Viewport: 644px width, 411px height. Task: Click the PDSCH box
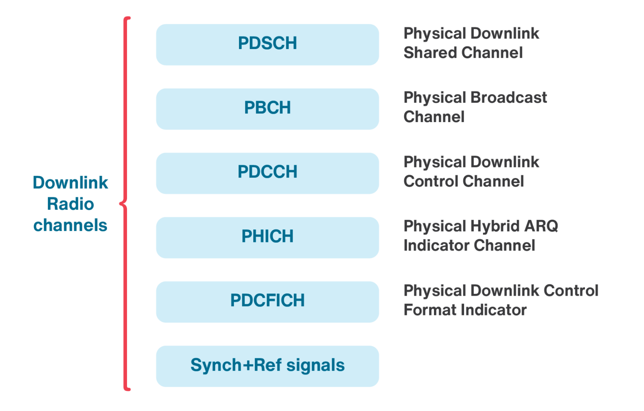pyautogui.click(x=267, y=44)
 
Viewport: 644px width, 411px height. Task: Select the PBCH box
pyautogui.click(x=267, y=109)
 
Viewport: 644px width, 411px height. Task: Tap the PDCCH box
pyautogui.click(x=267, y=173)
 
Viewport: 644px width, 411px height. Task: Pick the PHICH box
pyautogui.click(x=267, y=237)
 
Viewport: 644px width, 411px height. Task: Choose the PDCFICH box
pyautogui.click(x=267, y=302)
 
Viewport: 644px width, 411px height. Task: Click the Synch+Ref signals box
pyautogui.click(x=267, y=366)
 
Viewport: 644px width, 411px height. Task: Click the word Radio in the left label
pyautogui.click(x=70, y=204)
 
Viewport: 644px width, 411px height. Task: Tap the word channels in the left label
pyautogui.click(x=70, y=226)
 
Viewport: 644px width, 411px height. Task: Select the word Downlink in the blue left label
pyautogui.click(x=70, y=183)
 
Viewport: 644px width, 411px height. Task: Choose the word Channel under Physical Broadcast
pyautogui.click(x=434, y=117)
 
